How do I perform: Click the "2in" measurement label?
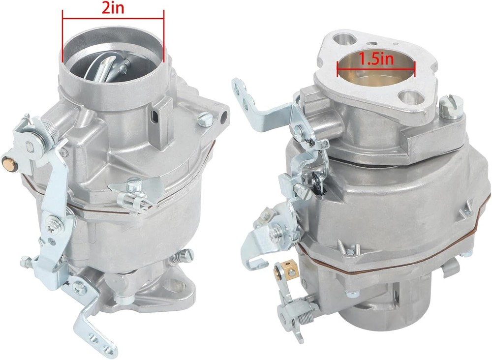pos(113,8)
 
